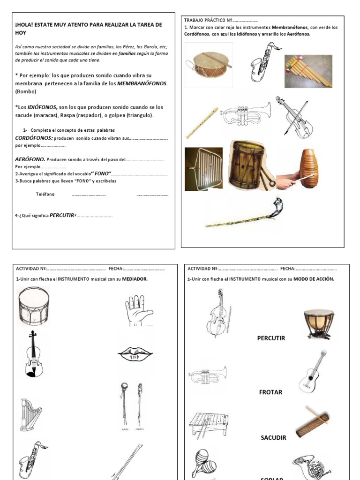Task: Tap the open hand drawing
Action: [138, 310]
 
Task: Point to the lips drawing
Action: [135, 354]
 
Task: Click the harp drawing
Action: [30, 413]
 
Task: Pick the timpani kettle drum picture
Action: [319, 323]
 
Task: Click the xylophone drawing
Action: [209, 424]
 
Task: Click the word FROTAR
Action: [270, 392]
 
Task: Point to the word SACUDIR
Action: [273, 437]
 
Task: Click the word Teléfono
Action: [45, 194]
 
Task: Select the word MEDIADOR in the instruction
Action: [135, 279]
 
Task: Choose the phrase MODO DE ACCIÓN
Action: [314, 279]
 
